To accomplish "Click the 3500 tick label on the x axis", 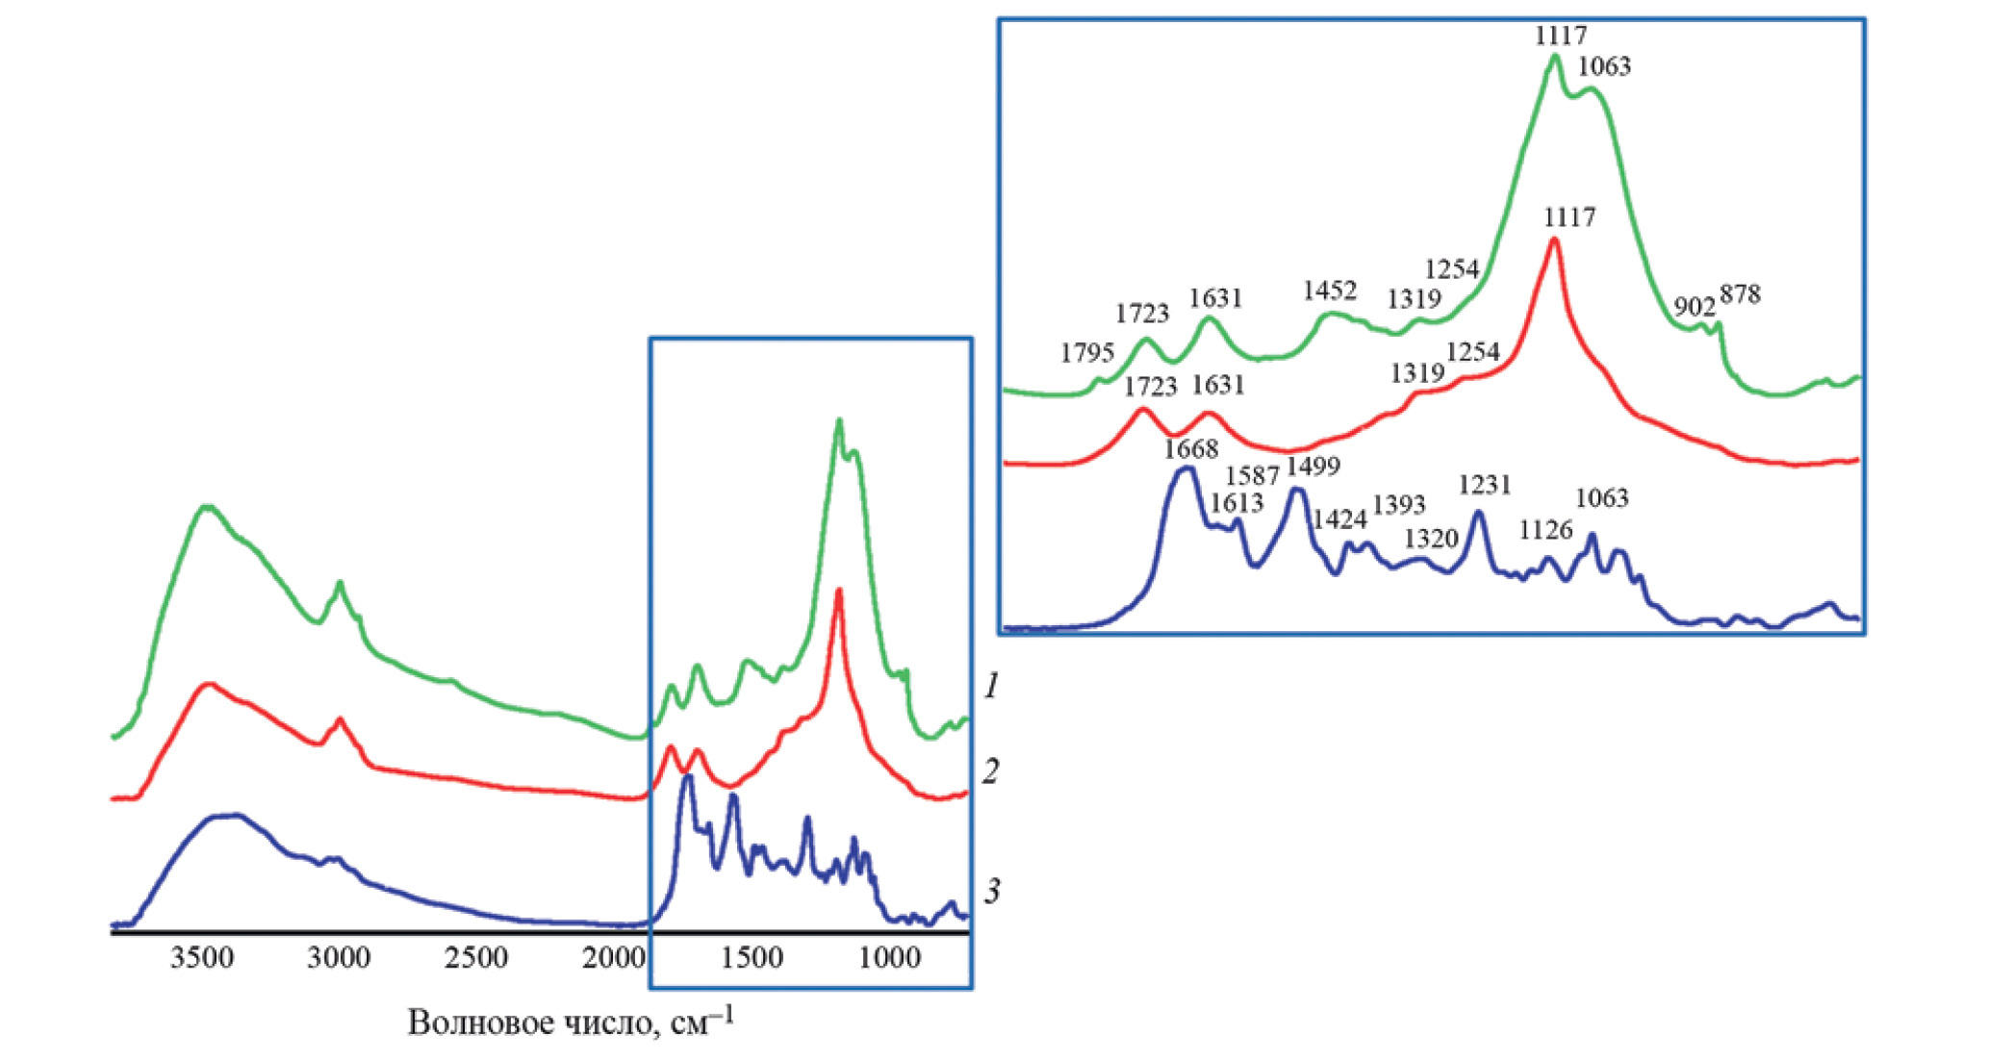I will point(202,959).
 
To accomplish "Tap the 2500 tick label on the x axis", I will point(477,959).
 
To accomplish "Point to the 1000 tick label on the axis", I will point(888,959).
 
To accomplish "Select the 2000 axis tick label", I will point(614,959).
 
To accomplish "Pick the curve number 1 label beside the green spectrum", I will point(991,686).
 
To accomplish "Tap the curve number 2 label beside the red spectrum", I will point(991,770).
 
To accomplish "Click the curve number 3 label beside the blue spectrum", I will point(991,891).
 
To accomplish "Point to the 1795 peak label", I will point(1087,353).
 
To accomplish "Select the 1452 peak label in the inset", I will point(1330,290).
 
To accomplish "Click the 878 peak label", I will point(1741,294).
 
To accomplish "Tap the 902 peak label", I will point(1695,307).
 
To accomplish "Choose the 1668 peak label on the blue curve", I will point(1191,449).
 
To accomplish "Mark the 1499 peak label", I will point(1313,467).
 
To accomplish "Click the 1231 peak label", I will point(1485,485).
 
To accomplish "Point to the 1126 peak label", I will point(1546,530).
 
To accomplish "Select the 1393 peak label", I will point(1399,505).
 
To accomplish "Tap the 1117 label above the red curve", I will point(1569,217).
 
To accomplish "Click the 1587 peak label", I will point(1252,475).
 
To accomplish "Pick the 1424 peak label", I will point(1340,520).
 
